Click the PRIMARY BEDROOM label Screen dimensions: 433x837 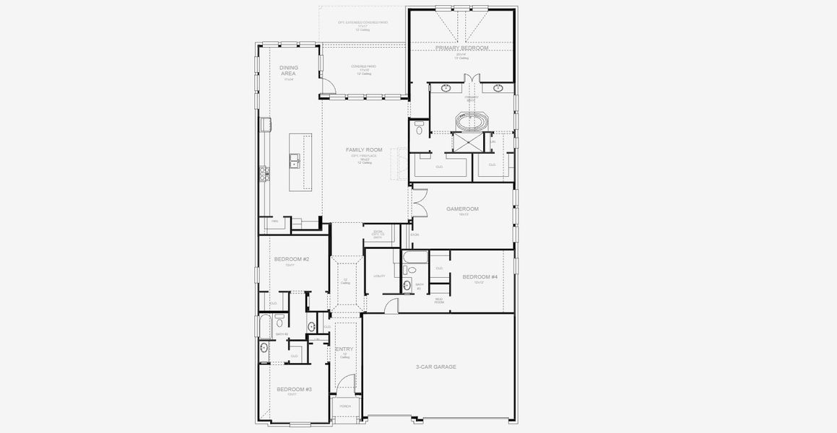point(461,48)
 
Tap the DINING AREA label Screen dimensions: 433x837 point(289,70)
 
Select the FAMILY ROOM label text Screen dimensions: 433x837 point(364,149)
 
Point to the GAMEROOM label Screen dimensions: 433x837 point(462,209)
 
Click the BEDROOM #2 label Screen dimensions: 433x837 point(292,258)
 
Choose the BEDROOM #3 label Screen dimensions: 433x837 point(294,389)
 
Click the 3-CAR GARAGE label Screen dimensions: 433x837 point(435,367)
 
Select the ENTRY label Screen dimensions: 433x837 point(345,349)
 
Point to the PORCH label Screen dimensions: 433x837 point(345,406)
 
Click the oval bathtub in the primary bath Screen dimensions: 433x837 point(472,121)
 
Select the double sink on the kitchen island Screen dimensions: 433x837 point(295,160)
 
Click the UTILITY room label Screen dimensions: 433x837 point(379,276)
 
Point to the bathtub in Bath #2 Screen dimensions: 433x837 point(265,325)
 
